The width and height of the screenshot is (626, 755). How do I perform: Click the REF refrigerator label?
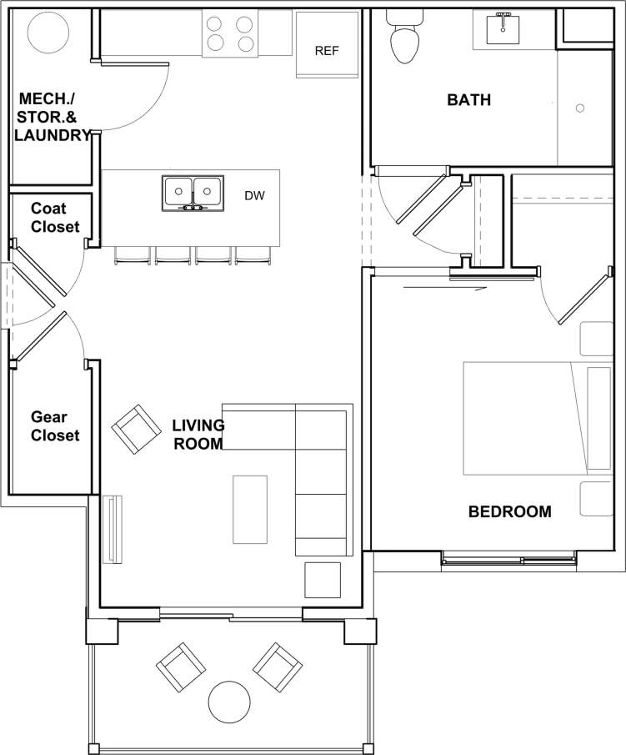tap(327, 51)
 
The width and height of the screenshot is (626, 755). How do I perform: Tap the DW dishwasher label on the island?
tap(254, 196)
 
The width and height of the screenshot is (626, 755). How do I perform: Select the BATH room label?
tap(468, 100)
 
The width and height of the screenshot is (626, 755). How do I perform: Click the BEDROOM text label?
tap(509, 512)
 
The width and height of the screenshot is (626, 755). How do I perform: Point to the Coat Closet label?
tap(55, 217)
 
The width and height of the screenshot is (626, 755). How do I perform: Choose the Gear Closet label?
tap(55, 425)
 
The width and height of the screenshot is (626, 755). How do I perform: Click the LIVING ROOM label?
tap(198, 435)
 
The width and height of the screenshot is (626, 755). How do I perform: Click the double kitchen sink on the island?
tap(193, 193)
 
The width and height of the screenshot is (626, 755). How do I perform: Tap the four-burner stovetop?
tap(230, 33)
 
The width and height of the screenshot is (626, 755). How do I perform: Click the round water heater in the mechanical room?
tap(49, 33)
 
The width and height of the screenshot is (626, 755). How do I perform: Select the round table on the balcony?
tap(229, 703)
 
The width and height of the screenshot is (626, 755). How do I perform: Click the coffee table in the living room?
tap(250, 509)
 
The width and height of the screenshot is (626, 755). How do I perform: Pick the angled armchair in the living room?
tap(136, 430)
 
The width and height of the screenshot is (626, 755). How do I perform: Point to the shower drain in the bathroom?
tap(580, 108)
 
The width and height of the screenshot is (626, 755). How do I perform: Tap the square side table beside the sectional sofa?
tap(323, 580)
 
